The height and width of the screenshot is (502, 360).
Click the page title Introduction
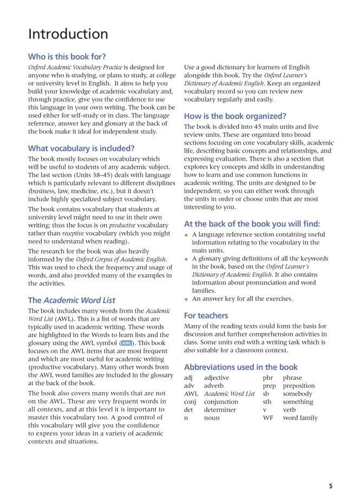[x=68, y=34]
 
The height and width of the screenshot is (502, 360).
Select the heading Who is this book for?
[x=67, y=57]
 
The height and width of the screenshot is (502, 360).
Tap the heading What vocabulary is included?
[x=81, y=148]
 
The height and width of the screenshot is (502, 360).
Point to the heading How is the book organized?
[x=235, y=116]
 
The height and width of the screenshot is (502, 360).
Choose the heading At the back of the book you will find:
[x=252, y=223]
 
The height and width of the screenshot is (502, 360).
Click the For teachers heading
[x=206, y=315]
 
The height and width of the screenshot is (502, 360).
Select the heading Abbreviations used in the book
[x=241, y=366]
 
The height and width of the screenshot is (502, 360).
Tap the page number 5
[x=330, y=486]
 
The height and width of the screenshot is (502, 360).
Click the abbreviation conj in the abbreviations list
[x=189, y=402]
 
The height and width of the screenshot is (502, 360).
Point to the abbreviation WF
[x=267, y=418]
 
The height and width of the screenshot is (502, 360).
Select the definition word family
[x=300, y=418]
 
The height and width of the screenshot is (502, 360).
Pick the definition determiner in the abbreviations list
[x=220, y=410]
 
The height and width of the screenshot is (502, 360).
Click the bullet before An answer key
[x=187, y=299]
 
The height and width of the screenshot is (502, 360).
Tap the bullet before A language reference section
[x=187, y=235]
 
